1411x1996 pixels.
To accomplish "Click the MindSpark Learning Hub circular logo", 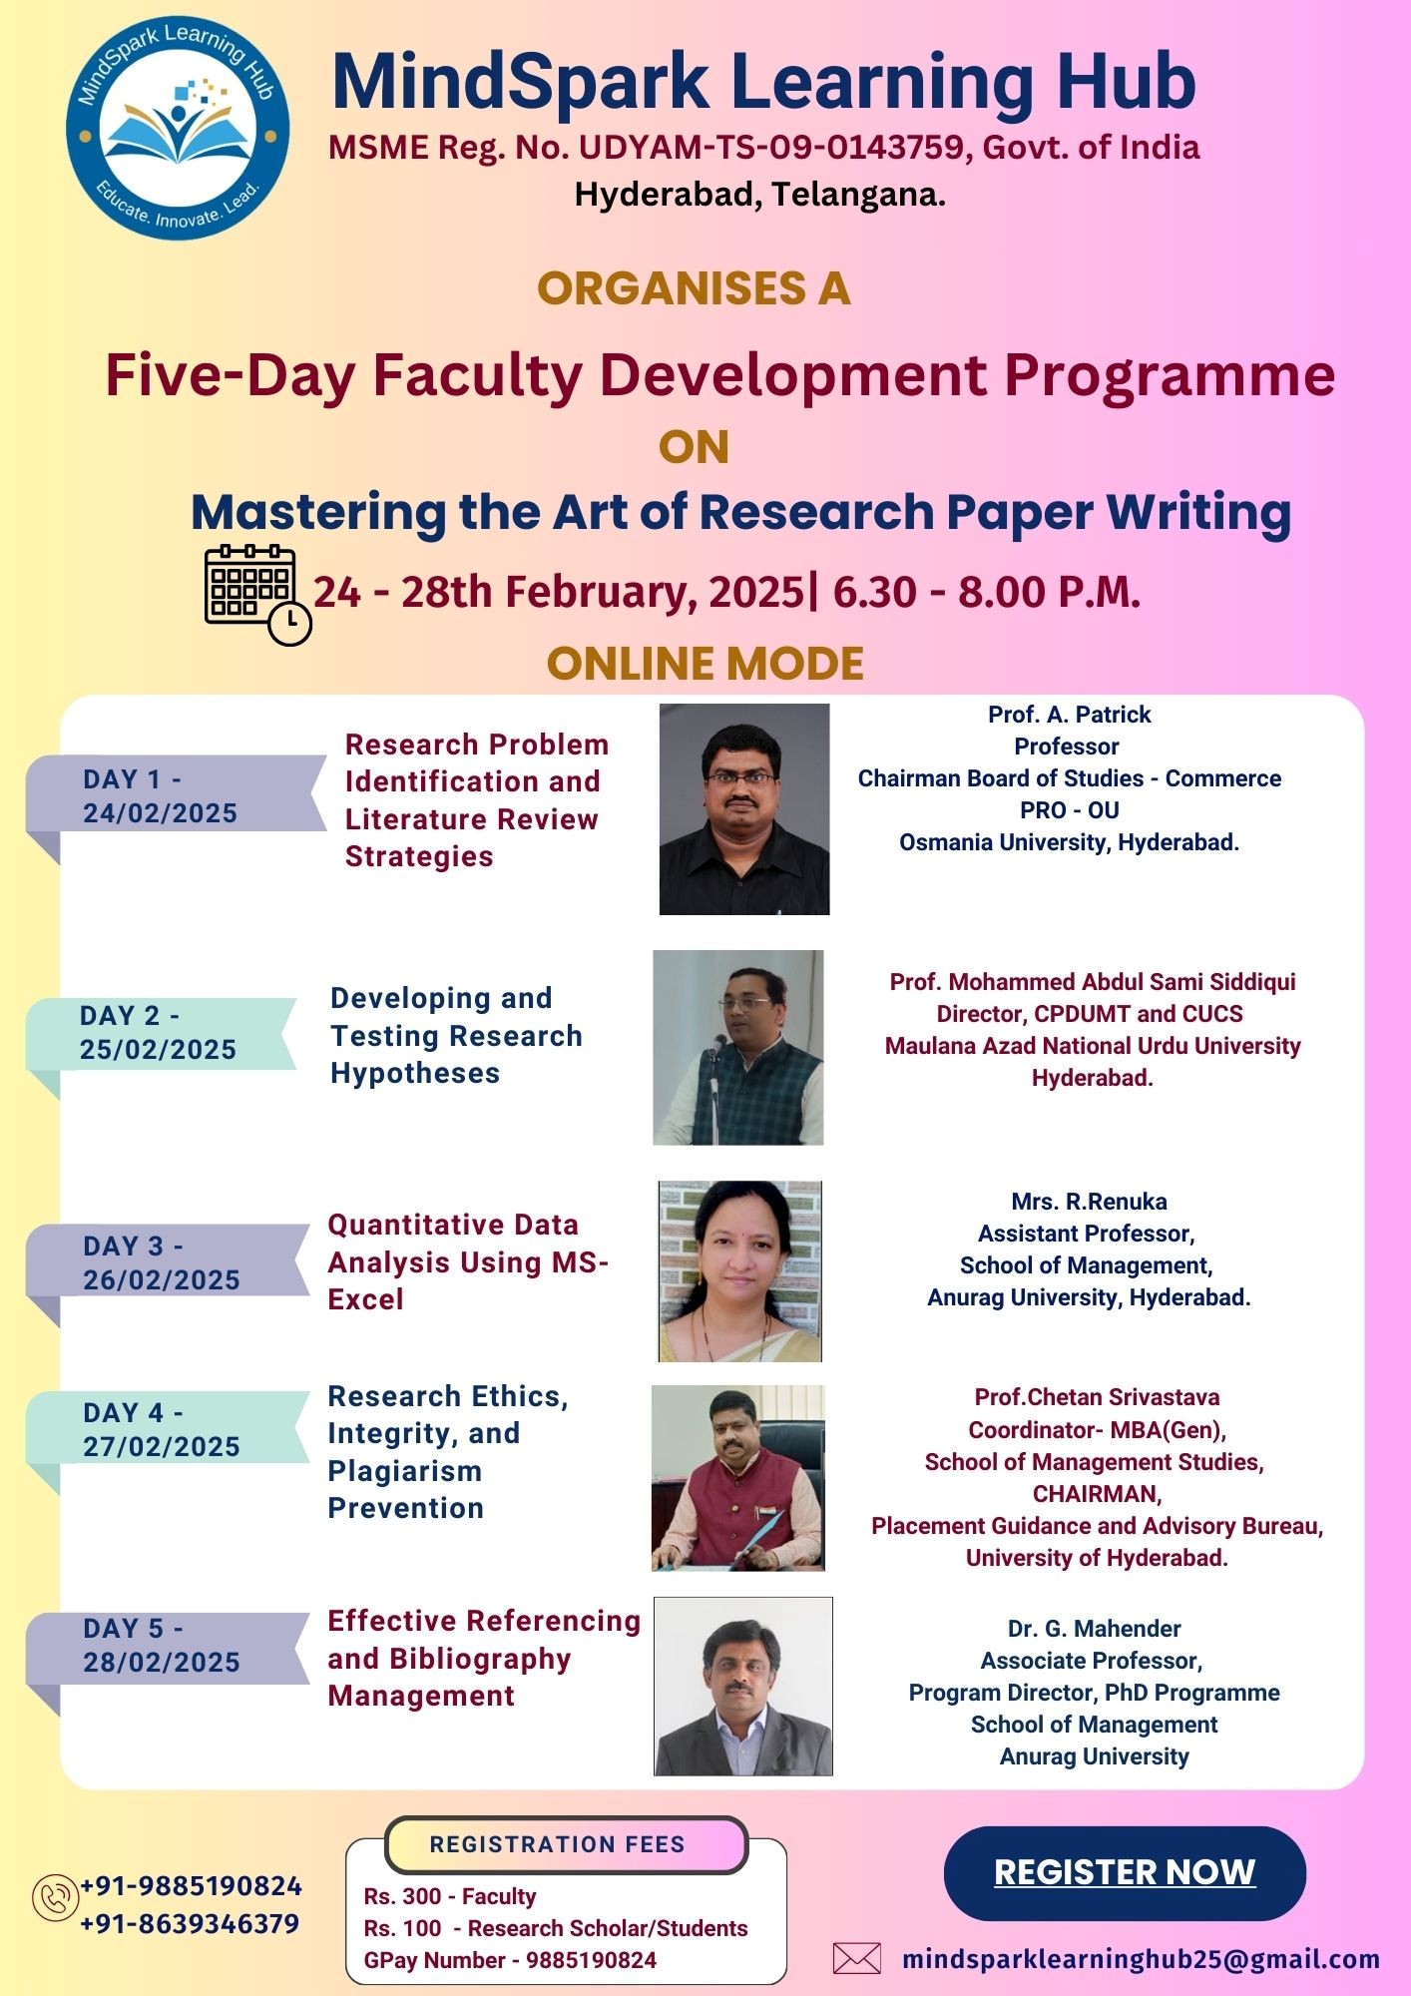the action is pyautogui.click(x=179, y=128).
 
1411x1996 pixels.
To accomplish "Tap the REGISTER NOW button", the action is pyautogui.click(x=1125, y=1872).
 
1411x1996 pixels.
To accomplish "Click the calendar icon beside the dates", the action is pyautogui.click(x=257, y=595).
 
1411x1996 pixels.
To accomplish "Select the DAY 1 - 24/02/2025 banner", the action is pyautogui.click(x=176, y=795).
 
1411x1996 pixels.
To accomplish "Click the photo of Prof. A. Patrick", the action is pyautogui.click(x=744, y=809).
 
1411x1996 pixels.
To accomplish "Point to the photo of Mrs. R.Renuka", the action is pyautogui.click(x=739, y=1271).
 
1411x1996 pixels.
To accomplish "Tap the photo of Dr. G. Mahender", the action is pyautogui.click(x=743, y=1686).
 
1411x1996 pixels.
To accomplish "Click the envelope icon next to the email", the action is pyautogui.click(x=857, y=1958).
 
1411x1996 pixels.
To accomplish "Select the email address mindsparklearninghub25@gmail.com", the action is pyautogui.click(x=1141, y=1958).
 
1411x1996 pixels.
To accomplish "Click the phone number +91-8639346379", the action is pyautogui.click(x=190, y=1923).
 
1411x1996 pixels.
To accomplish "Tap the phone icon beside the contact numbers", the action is pyautogui.click(x=56, y=1897).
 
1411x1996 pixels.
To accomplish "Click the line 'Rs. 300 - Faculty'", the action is pyautogui.click(x=450, y=1896).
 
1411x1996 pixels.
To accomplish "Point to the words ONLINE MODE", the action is pyautogui.click(x=705, y=664).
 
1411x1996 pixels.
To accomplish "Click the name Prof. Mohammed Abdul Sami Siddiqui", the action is pyautogui.click(x=1093, y=982).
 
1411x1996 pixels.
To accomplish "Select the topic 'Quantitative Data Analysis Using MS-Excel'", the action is pyautogui.click(x=468, y=1262).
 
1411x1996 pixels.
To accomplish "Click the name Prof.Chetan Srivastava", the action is pyautogui.click(x=1097, y=1397).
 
